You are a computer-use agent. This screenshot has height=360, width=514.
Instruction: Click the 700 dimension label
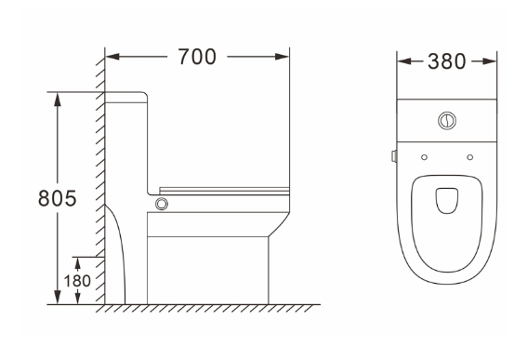click(x=197, y=57)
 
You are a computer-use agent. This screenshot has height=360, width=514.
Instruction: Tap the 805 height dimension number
click(x=58, y=198)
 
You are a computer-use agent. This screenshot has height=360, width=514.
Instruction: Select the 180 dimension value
click(x=77, y=281)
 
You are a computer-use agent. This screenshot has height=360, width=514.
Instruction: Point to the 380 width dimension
click(x=446, y=61)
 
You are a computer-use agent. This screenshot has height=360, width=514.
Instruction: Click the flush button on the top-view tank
click(x=447, y=121)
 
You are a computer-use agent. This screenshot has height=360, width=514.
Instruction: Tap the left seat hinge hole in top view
click(x=424, y=157)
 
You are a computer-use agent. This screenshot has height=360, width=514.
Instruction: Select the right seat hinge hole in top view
click(x=469, y=157)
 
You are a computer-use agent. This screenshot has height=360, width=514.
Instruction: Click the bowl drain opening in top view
click(x=447, y=200)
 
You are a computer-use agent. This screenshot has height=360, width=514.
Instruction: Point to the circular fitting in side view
click(x=162, y=204)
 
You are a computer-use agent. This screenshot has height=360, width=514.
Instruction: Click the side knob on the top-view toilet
click(x=394, y=156)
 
